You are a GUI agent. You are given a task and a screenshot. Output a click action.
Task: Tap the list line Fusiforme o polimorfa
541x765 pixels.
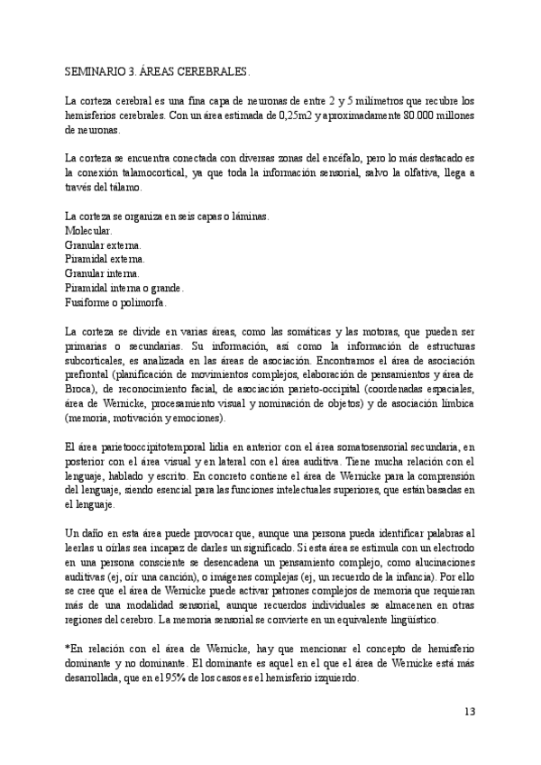(x=115, y=302)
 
